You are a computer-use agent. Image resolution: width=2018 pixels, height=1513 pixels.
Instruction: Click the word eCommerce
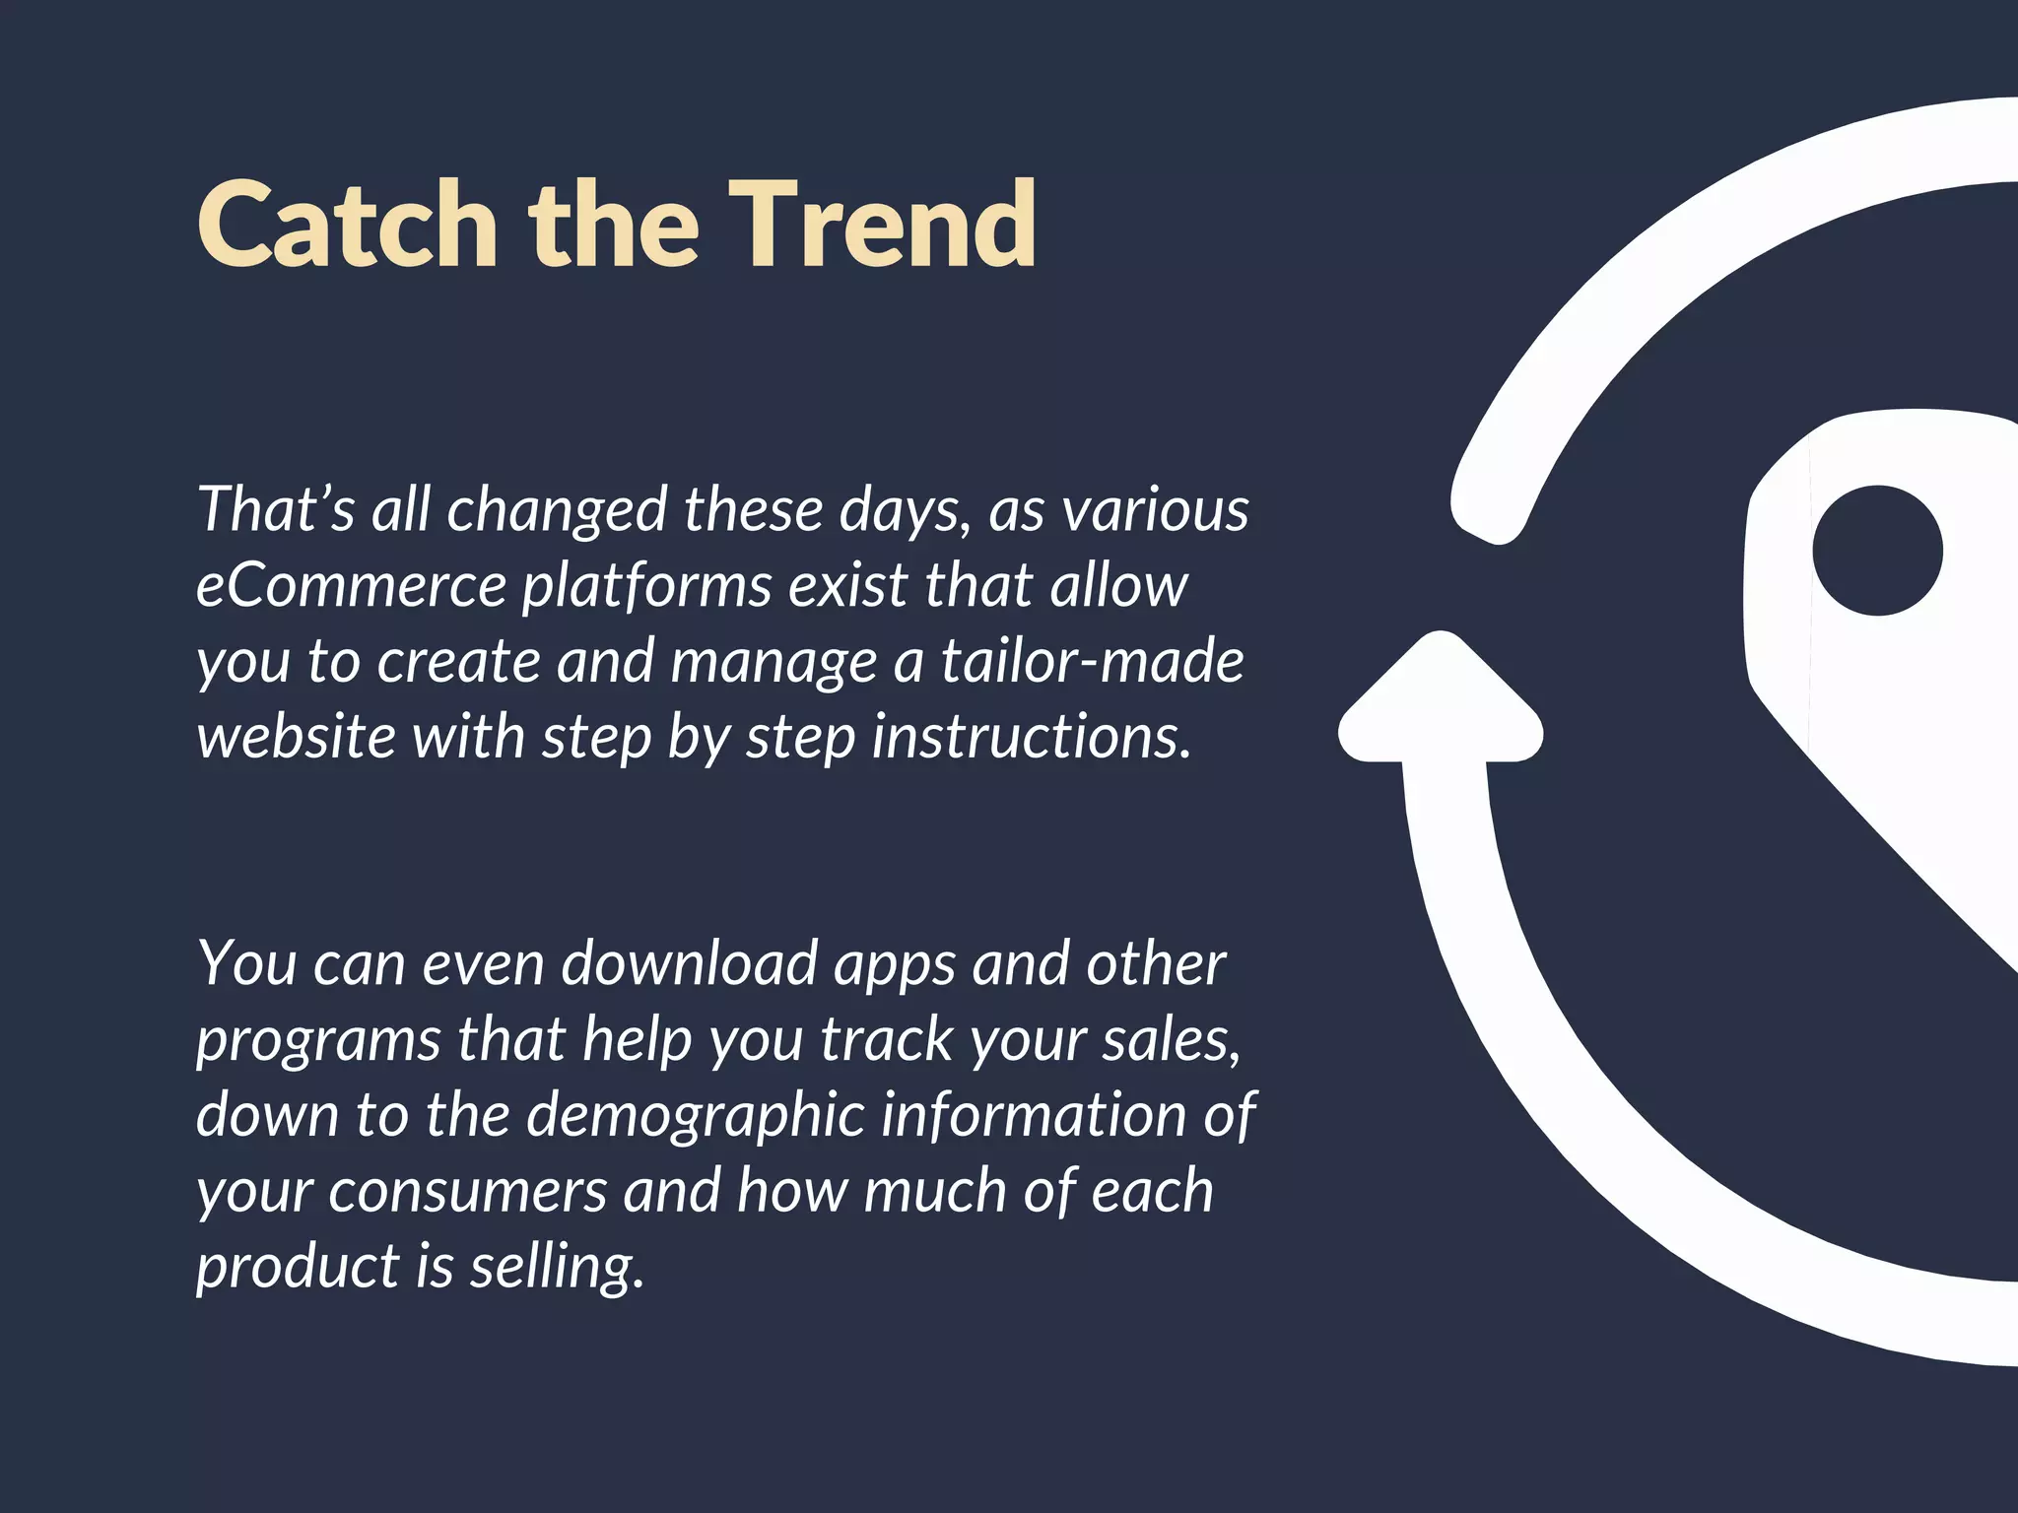tap(351, 585)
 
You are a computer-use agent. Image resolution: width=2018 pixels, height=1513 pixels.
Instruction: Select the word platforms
tap(646, 587)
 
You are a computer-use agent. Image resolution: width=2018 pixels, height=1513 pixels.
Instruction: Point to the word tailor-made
tap(1092, 661)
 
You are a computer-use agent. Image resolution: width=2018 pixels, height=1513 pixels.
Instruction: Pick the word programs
tap(317, 1042)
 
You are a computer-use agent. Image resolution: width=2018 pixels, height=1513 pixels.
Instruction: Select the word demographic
tap(695, 1117)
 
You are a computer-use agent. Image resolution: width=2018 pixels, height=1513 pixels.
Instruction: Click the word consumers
tap(467, 1192)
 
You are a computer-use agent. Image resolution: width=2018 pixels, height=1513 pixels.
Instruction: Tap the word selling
tap(557, 1268)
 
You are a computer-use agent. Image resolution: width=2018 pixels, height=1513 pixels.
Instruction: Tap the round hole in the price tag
tap(1877, 551)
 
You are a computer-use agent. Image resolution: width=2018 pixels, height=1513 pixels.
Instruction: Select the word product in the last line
tap(296, 1268)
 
